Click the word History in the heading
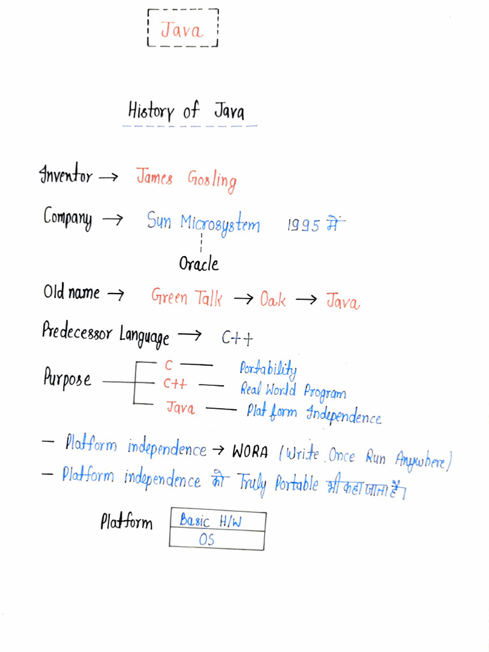click(x=151, y=111)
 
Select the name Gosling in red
click(x=212, y=180)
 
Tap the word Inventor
click(x=66, y=174)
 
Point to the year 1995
click(x=304, y=225)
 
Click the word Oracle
click(x=199, y=264)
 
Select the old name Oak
click(x=273, y=299)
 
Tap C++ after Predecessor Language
click(x=237, y=337)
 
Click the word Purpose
click(x=67, y=378)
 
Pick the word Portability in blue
click(x=268, y=369)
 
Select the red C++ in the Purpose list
click(x=175, y=383)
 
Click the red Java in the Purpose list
click(x=180, y=407)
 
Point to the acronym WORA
click(x=250, y=451)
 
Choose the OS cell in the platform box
click(x=217, y=540)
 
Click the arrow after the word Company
click(x=113, y=219)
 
